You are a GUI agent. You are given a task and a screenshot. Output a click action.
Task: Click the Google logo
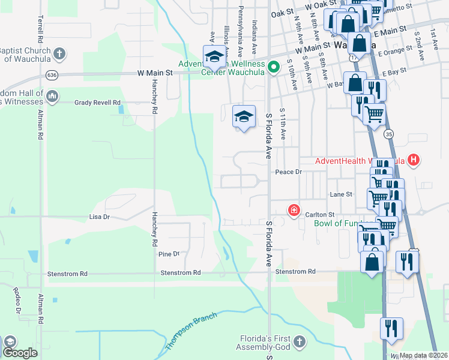point(20,353)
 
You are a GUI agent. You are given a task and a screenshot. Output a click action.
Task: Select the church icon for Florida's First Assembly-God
point(300,341)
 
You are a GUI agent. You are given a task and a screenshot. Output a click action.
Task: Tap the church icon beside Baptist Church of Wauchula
point(59,53)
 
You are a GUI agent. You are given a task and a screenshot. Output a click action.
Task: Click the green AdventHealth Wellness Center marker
point(274,66)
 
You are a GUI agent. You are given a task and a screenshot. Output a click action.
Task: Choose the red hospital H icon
point(413,160)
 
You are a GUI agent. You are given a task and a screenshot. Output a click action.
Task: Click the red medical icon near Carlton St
point(294,210)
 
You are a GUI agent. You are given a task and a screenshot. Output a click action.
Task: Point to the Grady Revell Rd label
point(98,103)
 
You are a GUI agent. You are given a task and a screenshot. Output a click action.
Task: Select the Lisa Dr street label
point(99,216)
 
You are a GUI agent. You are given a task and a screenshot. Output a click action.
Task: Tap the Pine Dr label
point(169,254)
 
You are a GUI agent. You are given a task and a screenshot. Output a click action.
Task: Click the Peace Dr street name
point(287,172)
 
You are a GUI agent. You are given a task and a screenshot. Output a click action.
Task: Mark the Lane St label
point(340,194)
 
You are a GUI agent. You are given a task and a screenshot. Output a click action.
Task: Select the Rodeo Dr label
point(17,299)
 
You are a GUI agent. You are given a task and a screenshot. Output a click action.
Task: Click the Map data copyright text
point(423,355)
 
